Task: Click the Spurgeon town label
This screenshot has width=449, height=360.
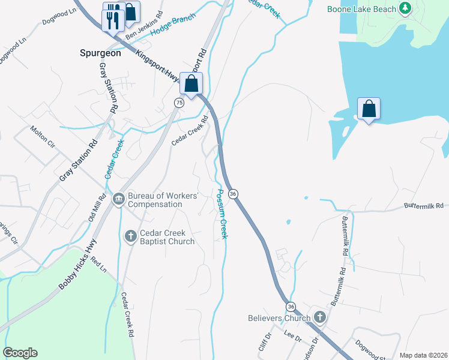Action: click(x=100, y=53)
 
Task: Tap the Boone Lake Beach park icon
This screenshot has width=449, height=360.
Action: click(x=406, y=8)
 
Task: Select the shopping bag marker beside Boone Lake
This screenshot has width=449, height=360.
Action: click(x=369, y=109)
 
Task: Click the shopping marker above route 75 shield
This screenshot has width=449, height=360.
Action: click(x=191, y=84)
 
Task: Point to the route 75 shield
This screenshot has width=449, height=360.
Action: click(x=179, y=103)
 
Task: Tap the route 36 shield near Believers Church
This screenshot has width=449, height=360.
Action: click(x=291, y=306)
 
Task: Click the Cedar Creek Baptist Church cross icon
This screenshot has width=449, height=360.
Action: click(x=131, y=236)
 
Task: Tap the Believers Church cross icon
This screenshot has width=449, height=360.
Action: click(x=319, y=317)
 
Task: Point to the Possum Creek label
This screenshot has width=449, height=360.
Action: click(x=221, y=214)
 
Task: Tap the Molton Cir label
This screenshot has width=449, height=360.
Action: click(x=43, y=137)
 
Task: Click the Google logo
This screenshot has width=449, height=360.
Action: click(x=20, y=353)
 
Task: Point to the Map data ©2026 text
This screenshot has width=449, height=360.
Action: click(x=423, y=355)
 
